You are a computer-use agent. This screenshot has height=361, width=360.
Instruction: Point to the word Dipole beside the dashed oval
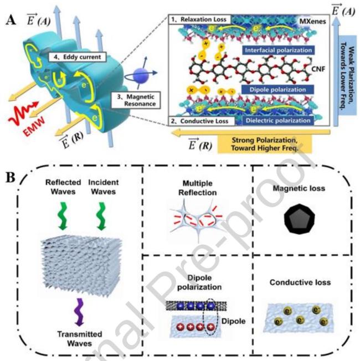point(232,320)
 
